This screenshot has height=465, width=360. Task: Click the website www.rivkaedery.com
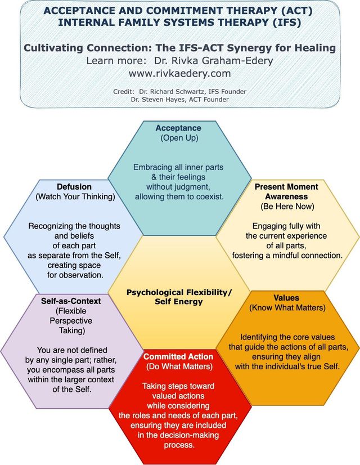coord(179,73)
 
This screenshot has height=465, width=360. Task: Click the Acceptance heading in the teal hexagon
coord(178,128)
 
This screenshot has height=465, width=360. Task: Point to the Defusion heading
coord(74,187)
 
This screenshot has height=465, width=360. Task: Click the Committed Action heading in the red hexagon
coord(178,357)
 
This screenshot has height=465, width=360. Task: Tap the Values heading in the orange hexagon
coord(286,297)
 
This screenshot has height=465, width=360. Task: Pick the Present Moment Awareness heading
coord(286,191)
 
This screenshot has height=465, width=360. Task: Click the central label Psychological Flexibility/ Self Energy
coord(179,297)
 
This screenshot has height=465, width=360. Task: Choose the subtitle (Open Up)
coord(178,138)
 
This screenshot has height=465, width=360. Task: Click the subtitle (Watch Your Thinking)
coord(74,197)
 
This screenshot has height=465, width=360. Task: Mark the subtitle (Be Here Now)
coord(286,207)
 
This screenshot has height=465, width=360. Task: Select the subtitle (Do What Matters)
coord(178,367)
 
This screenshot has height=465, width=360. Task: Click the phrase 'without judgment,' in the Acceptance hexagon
coord(178,186)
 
